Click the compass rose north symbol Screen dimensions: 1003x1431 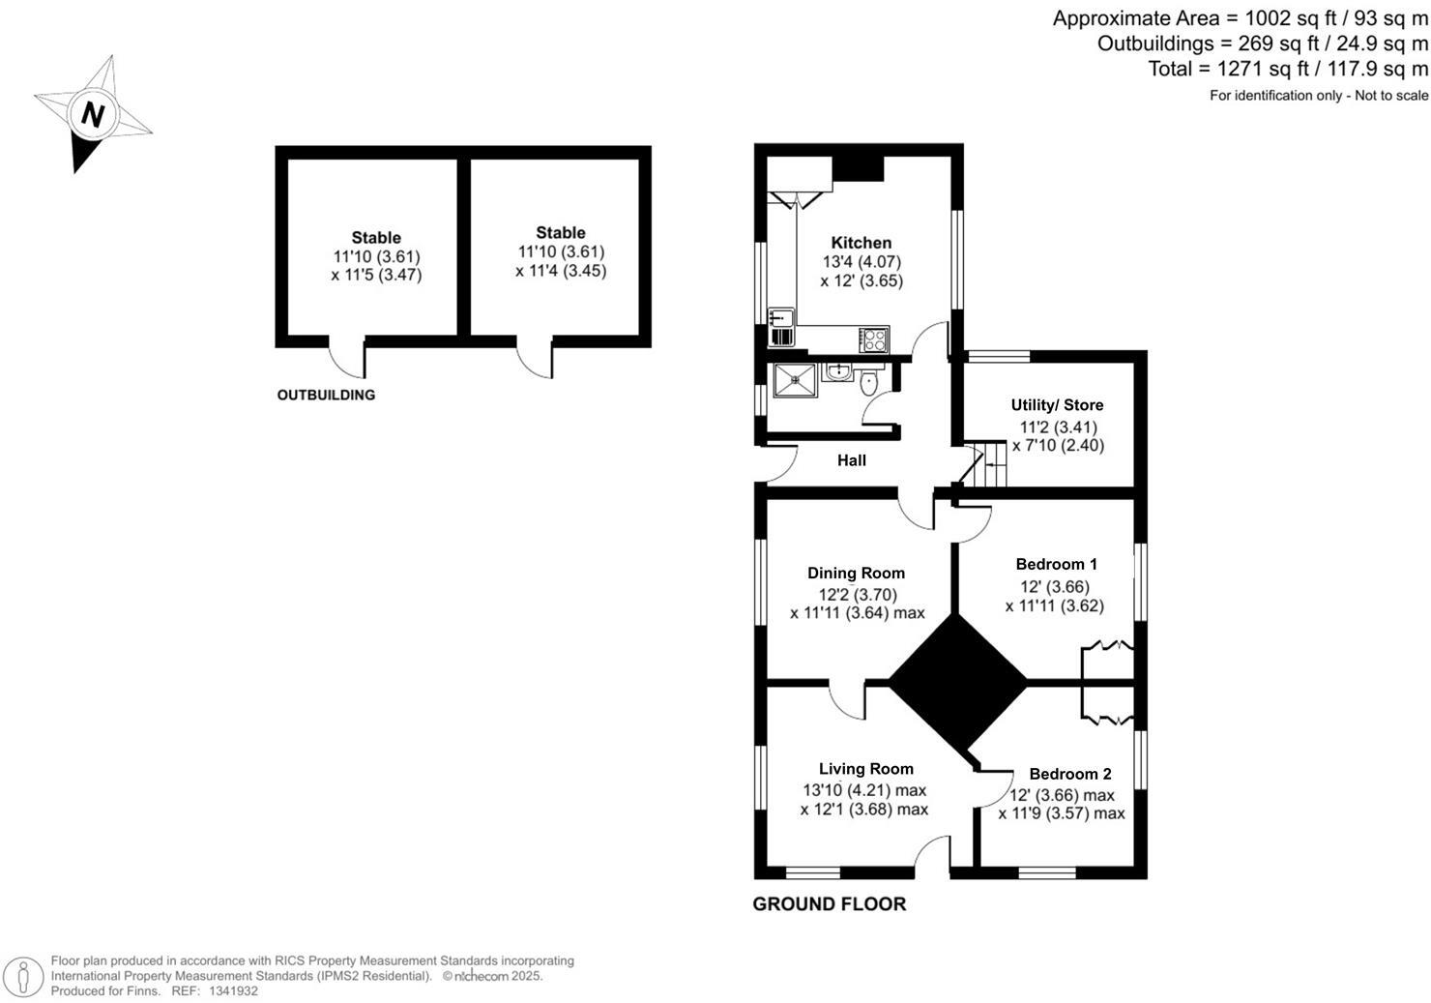click(x=93, y=115)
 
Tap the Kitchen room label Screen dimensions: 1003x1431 click(x=861, y=243)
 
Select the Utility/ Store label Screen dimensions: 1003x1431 click(x=1057, y=405)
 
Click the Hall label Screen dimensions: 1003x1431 click(x=851, y=460)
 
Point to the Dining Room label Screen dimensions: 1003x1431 click(x=856, y=574)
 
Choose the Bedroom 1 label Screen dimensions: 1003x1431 click(x=1056, y=564)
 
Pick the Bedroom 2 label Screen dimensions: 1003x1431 click(x=1069, y=774)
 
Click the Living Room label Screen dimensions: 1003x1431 click(x=865, y=769)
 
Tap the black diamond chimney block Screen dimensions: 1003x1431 click(x=957, y=682)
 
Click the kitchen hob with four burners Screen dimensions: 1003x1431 click(x=874, y=339)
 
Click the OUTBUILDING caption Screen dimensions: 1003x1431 click(x=326, y=395)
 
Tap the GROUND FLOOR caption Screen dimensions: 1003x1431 click(x=829, y=904)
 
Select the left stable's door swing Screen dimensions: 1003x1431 click(x=348, y=359)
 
